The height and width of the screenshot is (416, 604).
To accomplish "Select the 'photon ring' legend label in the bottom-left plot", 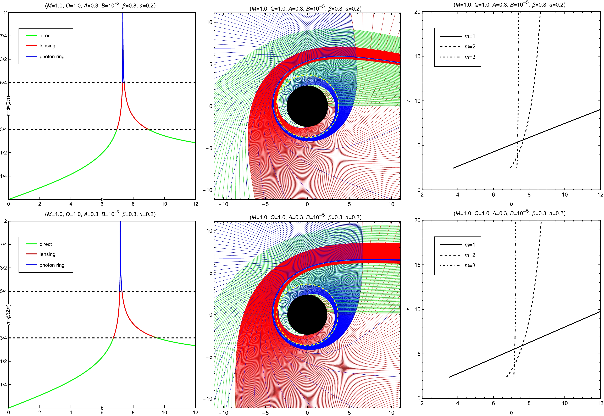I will (x=52, y=265).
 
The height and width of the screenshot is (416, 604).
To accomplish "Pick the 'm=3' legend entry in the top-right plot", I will (x=470, y=57).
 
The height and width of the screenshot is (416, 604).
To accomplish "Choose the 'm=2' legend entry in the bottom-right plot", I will (x=470, y=255).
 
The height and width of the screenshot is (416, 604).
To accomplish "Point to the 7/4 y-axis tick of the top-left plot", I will (x=4, y=36).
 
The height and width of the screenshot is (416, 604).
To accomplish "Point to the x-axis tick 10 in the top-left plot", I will (x=164, y=204).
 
